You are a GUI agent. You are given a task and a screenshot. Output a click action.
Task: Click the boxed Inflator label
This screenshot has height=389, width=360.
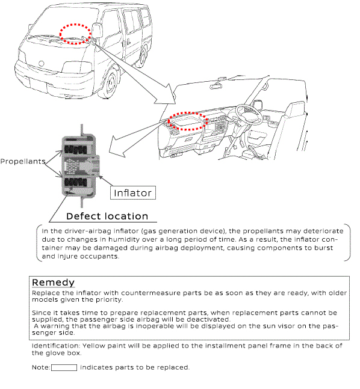pos(133,193)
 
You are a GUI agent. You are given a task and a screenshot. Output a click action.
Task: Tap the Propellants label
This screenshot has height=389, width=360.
pos(23,162)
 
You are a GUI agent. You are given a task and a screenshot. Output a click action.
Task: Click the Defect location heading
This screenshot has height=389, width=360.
pos(107,216)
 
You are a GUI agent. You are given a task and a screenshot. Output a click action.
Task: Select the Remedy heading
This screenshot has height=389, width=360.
pos(53,283)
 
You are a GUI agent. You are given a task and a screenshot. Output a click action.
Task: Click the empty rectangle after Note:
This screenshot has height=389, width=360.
pos(64,367)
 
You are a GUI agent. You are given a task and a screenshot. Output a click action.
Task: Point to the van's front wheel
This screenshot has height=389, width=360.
pos(111,82)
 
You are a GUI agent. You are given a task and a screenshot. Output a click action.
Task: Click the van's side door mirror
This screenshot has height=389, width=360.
pos(97,31)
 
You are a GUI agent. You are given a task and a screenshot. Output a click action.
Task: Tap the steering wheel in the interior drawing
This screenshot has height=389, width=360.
pos(249,115)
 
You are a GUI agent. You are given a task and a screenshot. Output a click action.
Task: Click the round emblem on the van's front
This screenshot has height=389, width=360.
pos(42,64)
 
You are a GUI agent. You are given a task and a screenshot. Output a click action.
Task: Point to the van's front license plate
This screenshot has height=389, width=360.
pos(39,84)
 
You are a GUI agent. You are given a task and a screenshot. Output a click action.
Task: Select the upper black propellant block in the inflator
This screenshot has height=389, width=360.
pos(76,149)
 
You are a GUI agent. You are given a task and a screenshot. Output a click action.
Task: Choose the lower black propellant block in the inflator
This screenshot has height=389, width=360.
pos(76,182)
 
